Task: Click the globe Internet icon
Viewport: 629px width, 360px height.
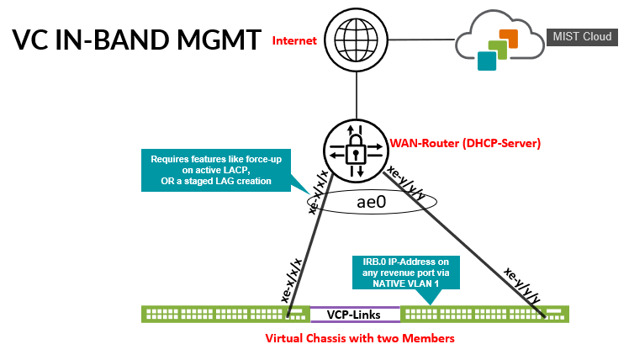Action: (x=357, y=39)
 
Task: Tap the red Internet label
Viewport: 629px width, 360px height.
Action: (x=295, y=40)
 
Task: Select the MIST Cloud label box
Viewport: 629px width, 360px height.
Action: (x=579, y=36)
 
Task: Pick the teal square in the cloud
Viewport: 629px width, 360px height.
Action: (x=485, y=61)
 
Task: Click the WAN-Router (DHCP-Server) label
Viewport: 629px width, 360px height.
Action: (x=464, y=143)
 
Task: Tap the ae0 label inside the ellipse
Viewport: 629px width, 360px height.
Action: (x=371, y=202)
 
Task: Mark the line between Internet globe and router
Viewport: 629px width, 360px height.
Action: (x=357, y=93)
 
